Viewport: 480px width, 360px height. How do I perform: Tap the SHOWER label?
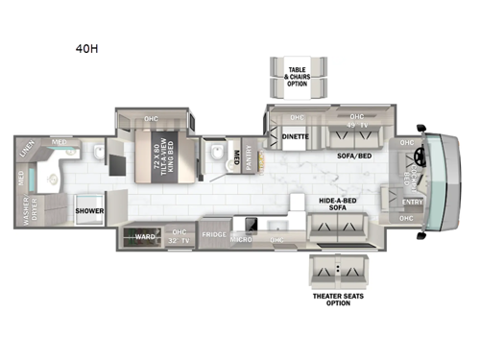tap(89, 208)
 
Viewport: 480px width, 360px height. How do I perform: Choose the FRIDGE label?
tap(213, 233)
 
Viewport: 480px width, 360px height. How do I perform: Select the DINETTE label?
tap(296, 137)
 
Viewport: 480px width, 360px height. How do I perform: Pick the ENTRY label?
tap(413, 203)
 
